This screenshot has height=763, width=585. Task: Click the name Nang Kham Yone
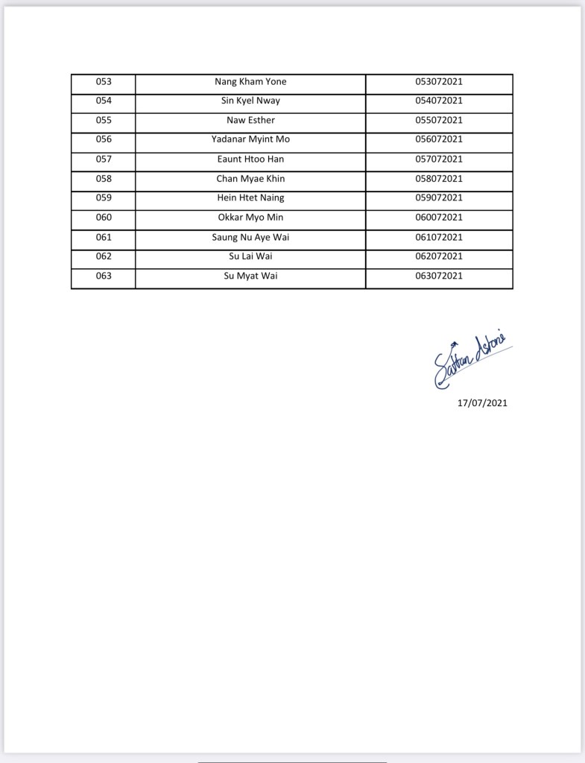point(250,82)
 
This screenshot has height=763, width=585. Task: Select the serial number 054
point(104,101)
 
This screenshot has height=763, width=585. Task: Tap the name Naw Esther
point(250,120)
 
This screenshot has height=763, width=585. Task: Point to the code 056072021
point(439,139)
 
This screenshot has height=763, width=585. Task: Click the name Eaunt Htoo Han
point(250,159)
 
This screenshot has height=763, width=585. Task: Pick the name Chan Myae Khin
point(250,179)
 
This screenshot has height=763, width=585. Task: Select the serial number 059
point(104,197)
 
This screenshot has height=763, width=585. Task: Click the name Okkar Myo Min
point(250,218)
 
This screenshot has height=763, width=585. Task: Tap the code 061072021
point(439,237)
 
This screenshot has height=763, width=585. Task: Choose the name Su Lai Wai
point(250,256)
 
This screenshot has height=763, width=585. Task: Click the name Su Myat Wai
point(250,276)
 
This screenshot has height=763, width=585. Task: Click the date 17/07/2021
point(482,403)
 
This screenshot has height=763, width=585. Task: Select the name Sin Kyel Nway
point(250,101)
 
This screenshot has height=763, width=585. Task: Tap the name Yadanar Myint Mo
point(250,139)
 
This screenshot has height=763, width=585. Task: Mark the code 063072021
point(439,276)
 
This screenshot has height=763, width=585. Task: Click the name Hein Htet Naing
point(250,197)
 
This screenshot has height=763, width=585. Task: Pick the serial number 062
point(104,256)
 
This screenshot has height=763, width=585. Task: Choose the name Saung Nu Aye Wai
point(250,237)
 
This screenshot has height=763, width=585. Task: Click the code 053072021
point(439,82)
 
